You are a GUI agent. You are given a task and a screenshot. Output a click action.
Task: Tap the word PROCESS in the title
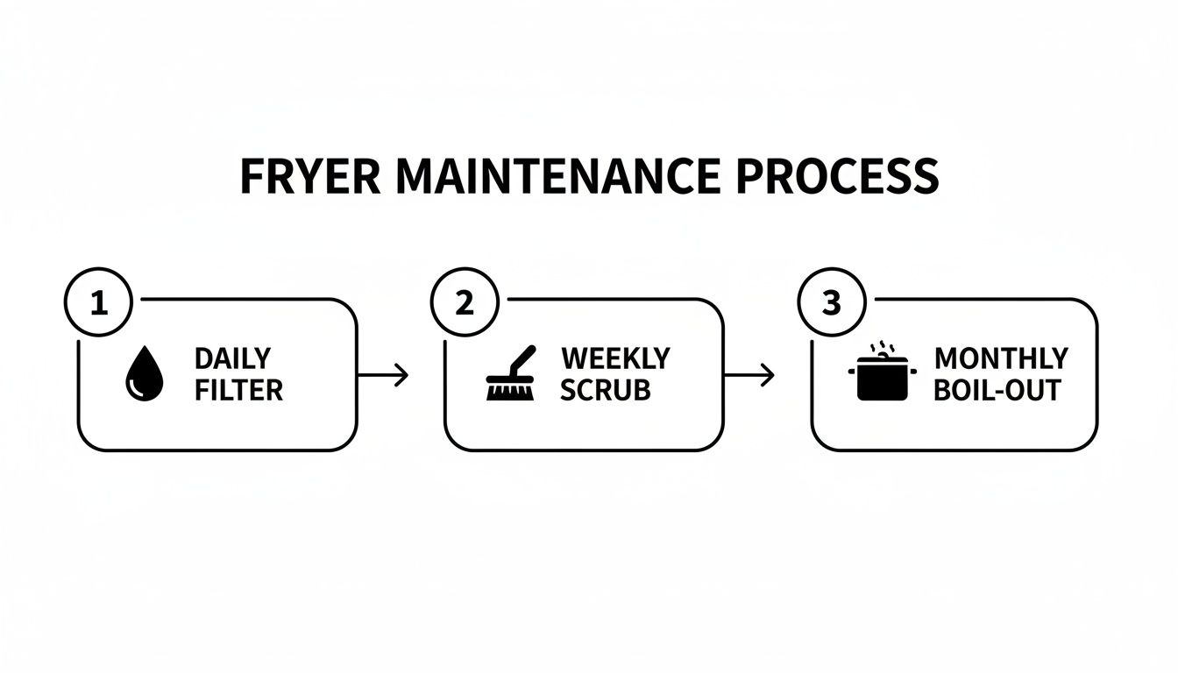(837, 177)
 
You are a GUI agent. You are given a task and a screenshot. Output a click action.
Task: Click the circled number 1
(98, 303)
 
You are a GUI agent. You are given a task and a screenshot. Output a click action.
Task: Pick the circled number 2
(465, 303)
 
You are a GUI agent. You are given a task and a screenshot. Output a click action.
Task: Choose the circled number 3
(831, 303)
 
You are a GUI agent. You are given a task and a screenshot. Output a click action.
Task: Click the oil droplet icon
(144, 374)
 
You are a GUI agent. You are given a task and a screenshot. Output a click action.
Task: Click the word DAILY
(232, 358)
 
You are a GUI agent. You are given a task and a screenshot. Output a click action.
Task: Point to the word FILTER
(238, 390)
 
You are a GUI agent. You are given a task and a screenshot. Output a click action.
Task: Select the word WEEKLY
(615, 358)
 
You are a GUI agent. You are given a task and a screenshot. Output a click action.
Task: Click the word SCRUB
(605, 390)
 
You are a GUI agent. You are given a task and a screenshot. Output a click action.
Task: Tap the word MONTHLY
(1001, 358)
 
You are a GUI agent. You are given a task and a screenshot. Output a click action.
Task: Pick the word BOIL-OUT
(997, 390)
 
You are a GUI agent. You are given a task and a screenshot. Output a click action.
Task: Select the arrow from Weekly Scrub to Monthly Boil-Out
(750, 375)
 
